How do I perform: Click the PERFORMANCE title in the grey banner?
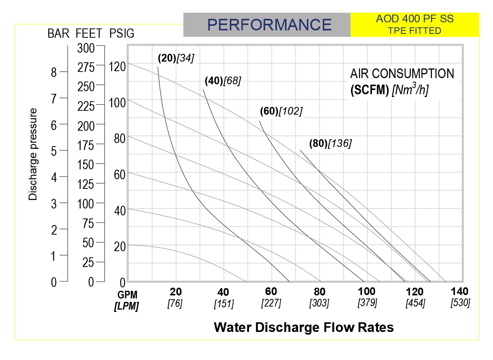(269, 25)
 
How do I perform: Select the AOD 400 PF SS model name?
(415, 19)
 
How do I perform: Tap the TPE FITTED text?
(415, 31)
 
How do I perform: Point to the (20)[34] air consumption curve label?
(176, 58)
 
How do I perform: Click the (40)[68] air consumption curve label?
(223, 81)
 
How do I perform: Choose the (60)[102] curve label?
(281, 111)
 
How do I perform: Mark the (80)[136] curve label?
(330, 143)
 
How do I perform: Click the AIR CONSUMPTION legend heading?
(402, 73)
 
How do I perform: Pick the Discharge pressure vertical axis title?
(33, 154)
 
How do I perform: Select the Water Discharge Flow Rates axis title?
(304, 327)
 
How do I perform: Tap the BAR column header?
(58, 33)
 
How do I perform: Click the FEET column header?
(89, 33)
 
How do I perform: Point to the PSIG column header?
(122, 33)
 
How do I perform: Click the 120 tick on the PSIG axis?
(117, 67)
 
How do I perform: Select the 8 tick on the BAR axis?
(54, 72)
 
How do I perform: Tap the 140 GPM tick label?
(460, 291)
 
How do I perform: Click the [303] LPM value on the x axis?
(319, 303)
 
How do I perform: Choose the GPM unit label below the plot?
(127, 295)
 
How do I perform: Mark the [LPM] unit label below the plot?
(127, 307)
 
